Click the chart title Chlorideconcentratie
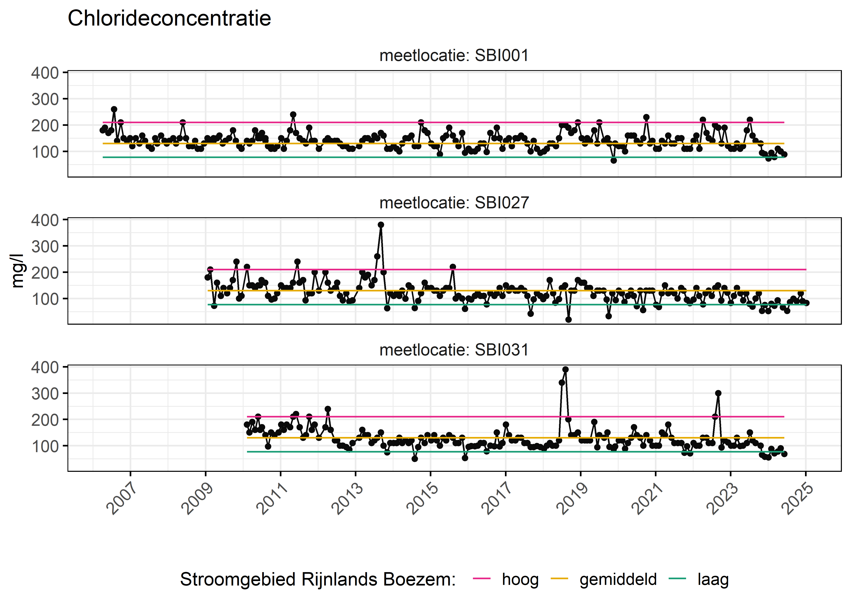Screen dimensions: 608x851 coord(169,18)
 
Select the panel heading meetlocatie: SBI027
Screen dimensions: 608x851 coord(454,203)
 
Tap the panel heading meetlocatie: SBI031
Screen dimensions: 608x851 coord(454,350)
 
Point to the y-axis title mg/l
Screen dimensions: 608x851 coord(17,271)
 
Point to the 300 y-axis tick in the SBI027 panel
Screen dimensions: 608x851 coord(45,246)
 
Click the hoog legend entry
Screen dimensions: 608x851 coord(520,579)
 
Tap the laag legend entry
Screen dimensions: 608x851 coord(713,579)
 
